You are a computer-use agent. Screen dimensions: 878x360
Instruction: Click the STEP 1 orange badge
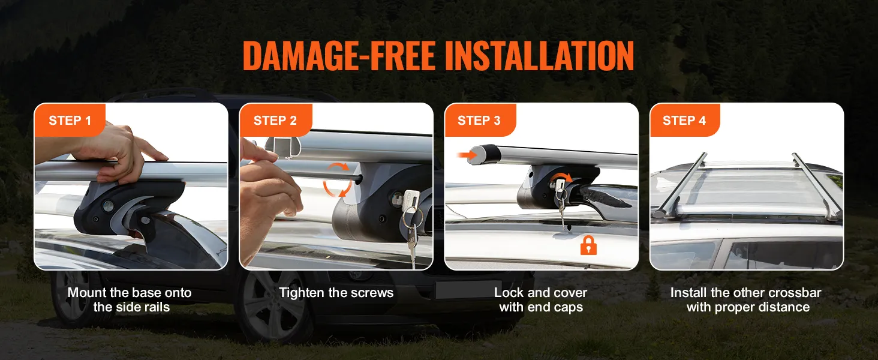70,120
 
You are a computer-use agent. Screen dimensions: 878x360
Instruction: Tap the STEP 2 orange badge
275,120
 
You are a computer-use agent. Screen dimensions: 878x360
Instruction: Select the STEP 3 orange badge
480,120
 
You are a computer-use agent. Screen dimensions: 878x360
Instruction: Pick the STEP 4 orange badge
684,120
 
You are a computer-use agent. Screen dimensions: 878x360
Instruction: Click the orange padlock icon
588,245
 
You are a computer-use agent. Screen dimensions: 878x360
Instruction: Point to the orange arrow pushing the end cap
466,155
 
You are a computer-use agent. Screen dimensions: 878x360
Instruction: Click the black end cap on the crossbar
485,155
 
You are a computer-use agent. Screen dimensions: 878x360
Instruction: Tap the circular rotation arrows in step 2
336,179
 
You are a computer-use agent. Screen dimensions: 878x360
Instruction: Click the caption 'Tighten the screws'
336,293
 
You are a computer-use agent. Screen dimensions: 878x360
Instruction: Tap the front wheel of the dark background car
275,310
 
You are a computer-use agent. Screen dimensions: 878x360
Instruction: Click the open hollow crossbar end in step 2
282,147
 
